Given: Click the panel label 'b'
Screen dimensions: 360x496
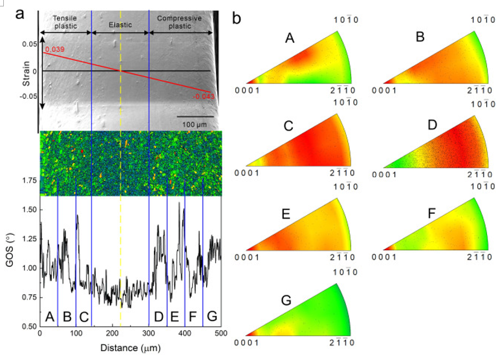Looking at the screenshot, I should click(x=237, y=19).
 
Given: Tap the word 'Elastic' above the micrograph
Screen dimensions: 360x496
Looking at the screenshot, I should click(x=120, y=25).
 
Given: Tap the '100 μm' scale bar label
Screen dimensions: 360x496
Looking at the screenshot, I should click(x=191, y=123).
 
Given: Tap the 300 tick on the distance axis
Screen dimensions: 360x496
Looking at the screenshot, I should click(x=149, y=334).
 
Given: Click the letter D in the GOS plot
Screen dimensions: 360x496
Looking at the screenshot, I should click(x=158, y=317).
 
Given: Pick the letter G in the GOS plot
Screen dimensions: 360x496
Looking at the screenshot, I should click(x=211, y=317).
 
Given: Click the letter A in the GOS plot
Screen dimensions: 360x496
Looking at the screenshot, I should click(x=49, y=317).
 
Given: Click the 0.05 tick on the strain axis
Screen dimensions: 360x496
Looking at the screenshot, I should click(x=29, y=44).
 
